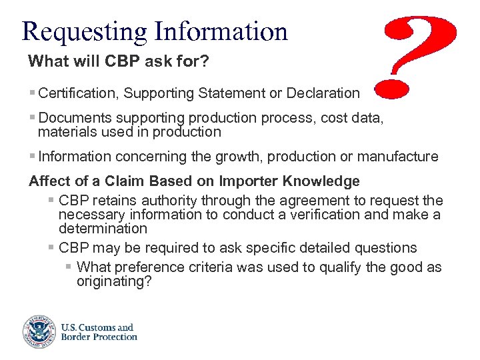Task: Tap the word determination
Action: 103,229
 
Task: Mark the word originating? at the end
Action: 114,281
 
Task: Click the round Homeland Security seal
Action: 37,331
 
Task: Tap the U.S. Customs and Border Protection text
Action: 99,332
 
